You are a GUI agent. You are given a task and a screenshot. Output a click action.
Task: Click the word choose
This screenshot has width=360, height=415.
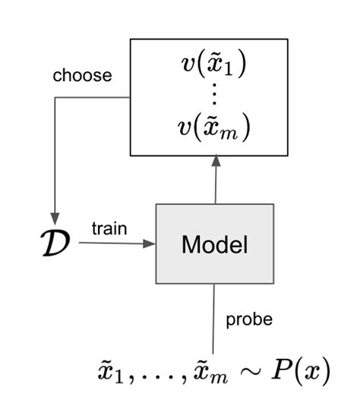[82, 76]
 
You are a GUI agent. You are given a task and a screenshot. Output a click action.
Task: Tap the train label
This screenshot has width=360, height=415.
[109, 228]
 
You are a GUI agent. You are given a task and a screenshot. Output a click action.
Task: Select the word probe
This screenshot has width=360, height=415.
[248, 319]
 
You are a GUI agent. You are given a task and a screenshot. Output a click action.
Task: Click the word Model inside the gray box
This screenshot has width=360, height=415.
[215, 245]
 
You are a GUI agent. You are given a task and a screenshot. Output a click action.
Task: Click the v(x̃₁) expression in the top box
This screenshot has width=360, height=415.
[216, 65]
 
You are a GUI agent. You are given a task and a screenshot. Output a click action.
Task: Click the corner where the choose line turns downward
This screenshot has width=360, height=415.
[54, 95]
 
